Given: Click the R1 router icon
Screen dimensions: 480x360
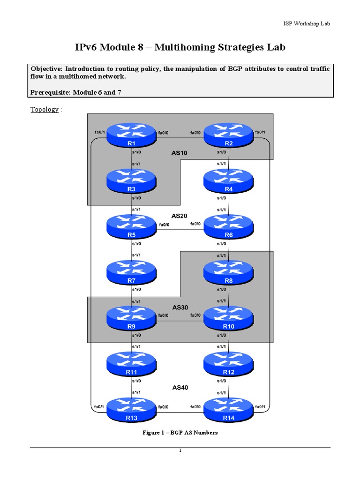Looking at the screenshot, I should point(132,135).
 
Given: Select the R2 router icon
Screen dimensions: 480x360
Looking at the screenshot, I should point(228,135).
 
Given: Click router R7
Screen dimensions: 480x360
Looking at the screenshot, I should point(132,272).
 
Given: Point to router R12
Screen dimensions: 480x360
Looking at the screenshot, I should point(228,363).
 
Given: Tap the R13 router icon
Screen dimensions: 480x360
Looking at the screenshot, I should point(132,409).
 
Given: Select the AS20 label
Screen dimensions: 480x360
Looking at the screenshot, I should point(180,216).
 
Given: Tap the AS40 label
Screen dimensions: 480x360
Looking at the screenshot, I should point(180,388).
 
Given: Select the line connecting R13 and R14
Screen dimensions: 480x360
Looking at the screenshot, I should point(180,412).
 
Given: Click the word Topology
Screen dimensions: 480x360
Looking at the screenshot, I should point(45,110).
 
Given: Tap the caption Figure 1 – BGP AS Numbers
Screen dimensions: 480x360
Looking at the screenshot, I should point(180,433).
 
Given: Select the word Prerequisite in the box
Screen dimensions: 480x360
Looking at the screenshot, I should point(49,92).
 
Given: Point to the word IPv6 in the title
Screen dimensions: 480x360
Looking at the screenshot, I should point(88,47).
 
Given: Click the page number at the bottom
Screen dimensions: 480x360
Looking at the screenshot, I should point(180,451).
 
